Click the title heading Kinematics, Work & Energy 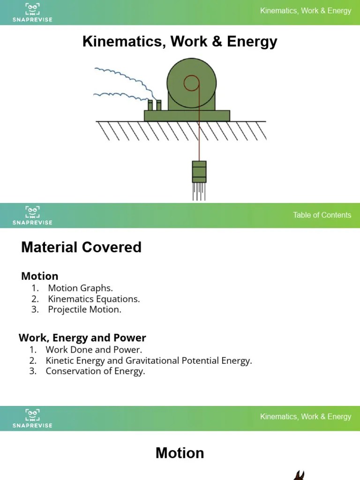click(x=180, y=42)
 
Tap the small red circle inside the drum click(x=191, y=83)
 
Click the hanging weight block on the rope click(x=199, y=172)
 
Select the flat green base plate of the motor click(x=187, y=116)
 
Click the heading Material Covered click(x=81, y=247)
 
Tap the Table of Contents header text click(x=322, y=215)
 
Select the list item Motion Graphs click(x=80, y=288)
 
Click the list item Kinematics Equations click(x=94, y=299)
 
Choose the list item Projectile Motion click(x=84, y=309)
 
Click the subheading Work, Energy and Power click(x=82, y=337)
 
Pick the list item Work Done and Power click(x=94, y=350)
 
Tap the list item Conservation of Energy click(x=95, y=371)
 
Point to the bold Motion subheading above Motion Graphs click(x=40, y=276)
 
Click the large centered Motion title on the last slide click(x=180, y=453)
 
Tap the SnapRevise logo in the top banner click(x=32, y=12)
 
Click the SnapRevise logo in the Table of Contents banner click(x=32, y=215)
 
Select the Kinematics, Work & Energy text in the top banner click(x=306, y=11)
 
